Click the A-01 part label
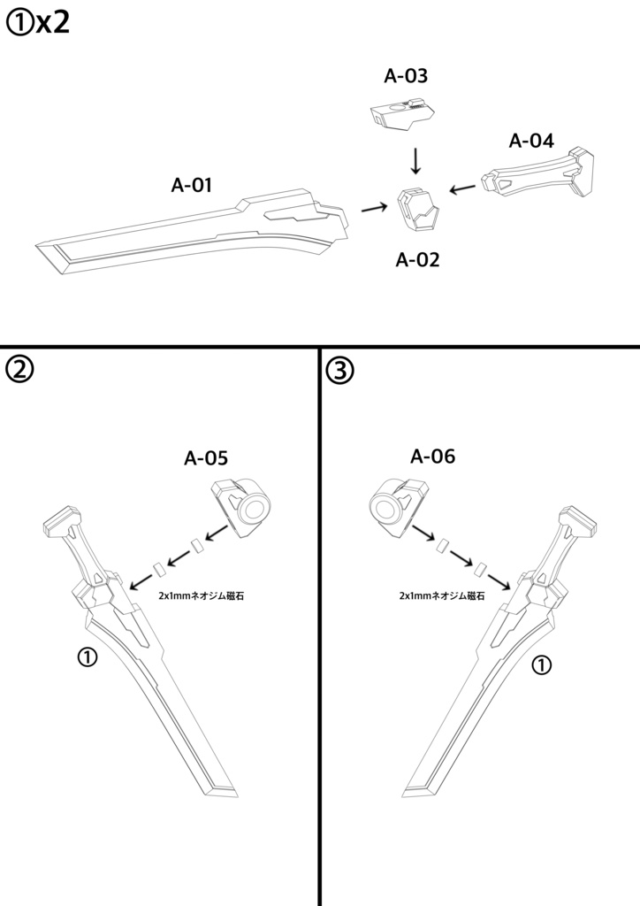pos(191,186)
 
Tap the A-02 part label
pos(417,260)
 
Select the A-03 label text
pos(406,76)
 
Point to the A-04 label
pos(531,141)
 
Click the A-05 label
pos(206,458)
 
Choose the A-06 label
pos(433,457)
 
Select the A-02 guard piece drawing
pos(417,211)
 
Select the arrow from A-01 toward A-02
pos(374,209)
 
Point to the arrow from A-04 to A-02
pos(462,188)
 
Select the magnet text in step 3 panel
pos(441,596)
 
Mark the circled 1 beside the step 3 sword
pos(542,665)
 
